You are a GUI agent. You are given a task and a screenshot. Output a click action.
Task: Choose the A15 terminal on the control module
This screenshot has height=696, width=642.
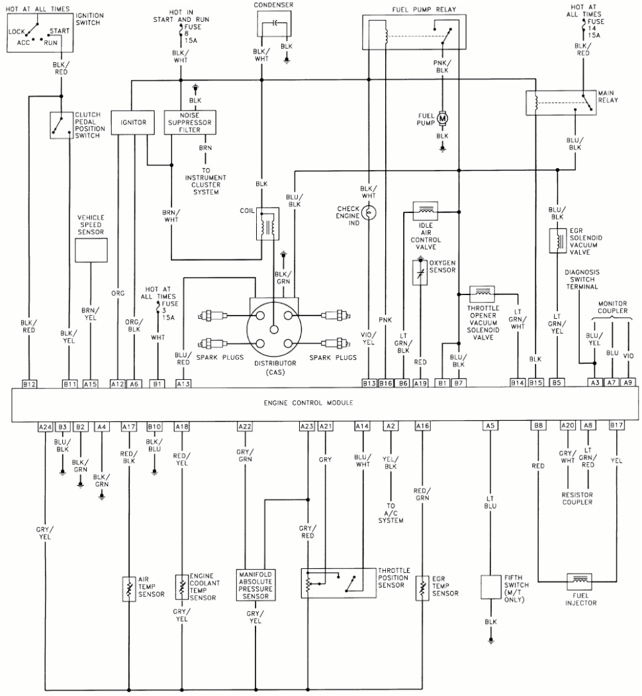(91, 383)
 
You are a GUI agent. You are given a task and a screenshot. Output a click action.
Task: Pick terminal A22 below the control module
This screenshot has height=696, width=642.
(245, 427)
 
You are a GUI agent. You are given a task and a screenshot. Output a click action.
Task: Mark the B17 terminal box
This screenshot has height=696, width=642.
(617, 427)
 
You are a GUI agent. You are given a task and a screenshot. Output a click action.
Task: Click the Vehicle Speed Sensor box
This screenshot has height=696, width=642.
(91, 251)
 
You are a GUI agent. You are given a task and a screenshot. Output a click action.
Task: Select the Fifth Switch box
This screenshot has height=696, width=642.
(490, 586)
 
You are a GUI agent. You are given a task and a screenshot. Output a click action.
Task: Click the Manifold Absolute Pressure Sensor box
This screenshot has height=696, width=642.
(255, 584)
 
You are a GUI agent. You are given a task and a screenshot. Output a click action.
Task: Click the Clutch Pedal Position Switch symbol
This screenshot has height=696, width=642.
(61, 125)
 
